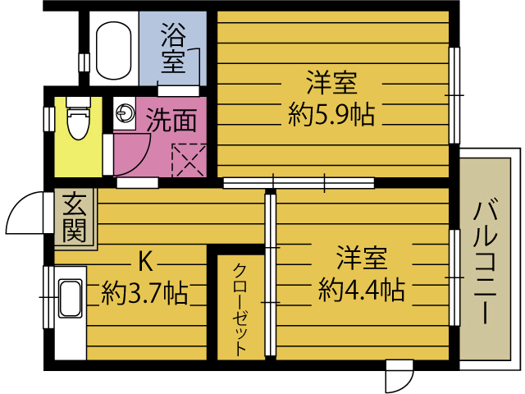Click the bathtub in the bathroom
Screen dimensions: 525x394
[x=113, y=50]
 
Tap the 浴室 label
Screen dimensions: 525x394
[x=173, y=48]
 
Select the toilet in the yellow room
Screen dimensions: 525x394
[x=79, y=118]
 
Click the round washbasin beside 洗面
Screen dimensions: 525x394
[x=125, y=112]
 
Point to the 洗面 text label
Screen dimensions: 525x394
[x=171, y=121]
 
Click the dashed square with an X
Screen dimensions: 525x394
[x=189, y=160]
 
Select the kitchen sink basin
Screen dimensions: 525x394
[x=71, y=298]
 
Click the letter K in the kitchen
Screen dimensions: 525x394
[x=146, y=262]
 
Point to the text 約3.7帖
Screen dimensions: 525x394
[x=144, y=292]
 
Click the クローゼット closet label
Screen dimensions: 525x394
[x=240, y=310]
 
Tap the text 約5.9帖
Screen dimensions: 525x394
[x=331, y=114]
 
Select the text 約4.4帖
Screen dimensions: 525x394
[x=362, y=289]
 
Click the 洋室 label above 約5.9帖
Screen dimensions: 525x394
[x=332, y=82]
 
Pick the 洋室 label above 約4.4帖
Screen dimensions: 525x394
[x=362, y=258]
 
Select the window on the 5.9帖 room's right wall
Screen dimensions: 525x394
[x=454, y=95]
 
